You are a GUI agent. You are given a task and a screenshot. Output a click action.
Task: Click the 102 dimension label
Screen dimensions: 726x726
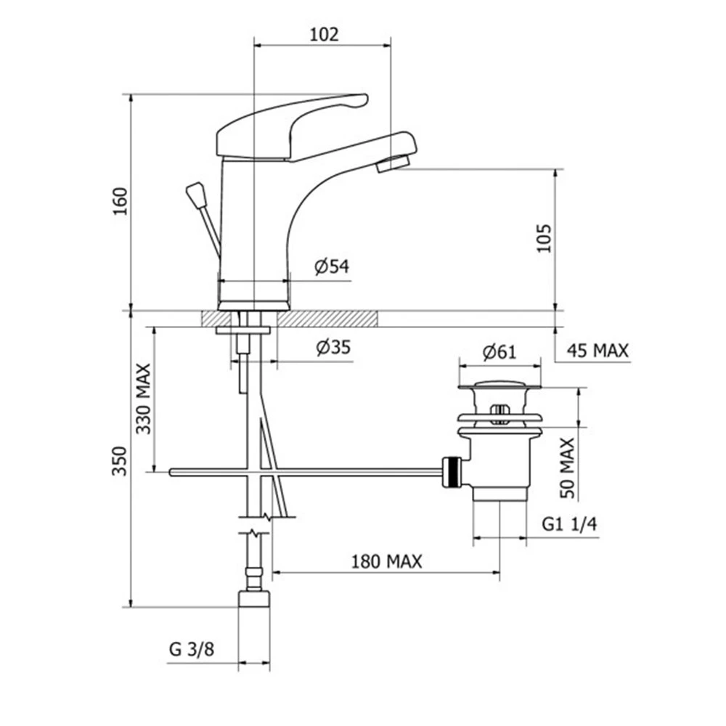(324, 34)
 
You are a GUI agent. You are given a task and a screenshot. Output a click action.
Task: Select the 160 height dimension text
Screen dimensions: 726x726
(120, 201)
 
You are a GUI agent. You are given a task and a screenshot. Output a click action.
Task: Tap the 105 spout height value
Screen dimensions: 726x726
(544, 238)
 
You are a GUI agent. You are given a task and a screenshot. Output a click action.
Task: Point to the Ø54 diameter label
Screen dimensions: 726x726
(332, 266)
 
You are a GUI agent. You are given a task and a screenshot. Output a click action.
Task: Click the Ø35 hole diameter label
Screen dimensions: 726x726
(333, 347)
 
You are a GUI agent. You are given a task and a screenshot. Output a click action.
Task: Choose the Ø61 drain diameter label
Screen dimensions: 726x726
(499, 352)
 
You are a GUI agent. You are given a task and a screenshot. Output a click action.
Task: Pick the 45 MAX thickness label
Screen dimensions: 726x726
(597, 351)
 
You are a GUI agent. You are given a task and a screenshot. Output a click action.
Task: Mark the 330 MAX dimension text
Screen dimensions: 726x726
(143, 399)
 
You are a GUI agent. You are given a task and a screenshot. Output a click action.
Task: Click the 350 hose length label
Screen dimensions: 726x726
(119, 461)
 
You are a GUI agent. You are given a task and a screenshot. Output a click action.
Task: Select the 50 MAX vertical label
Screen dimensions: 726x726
(567, 468)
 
